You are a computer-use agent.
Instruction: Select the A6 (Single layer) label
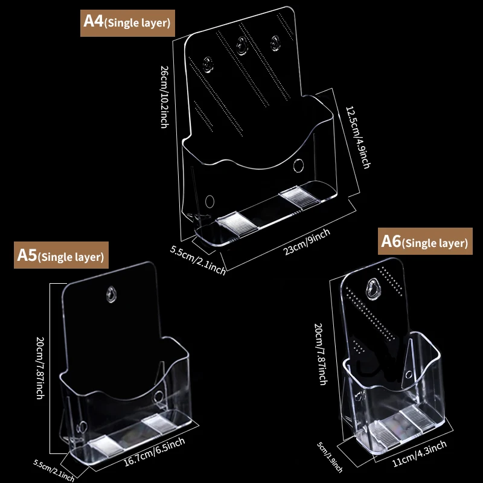[425, 242]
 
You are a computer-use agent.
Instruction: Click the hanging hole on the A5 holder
[111, 294]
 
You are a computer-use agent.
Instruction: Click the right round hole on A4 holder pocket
[299, 165]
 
